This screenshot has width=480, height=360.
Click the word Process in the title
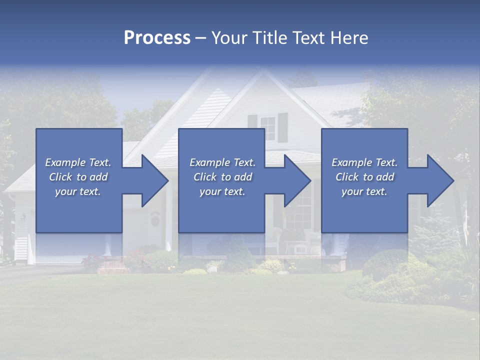tap(157, 38)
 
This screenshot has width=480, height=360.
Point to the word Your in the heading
tap(229, 38)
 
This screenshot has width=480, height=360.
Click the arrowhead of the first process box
tap(153, 180)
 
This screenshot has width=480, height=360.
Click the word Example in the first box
tap(65, 162)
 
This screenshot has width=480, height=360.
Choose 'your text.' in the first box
tap(78, 191)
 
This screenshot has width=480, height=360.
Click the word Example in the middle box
tap(209, 162)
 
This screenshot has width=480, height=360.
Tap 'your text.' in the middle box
tap(222, 191)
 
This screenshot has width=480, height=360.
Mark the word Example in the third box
tap(351, 162)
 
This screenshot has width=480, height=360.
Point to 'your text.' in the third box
tap(364, 191)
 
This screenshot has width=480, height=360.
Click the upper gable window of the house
tap(267, 128)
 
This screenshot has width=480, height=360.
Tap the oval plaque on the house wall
tap(155, 219)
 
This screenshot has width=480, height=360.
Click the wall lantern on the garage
tap(23, 217)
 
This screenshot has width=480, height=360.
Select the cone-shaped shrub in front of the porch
tap(240, 255)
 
